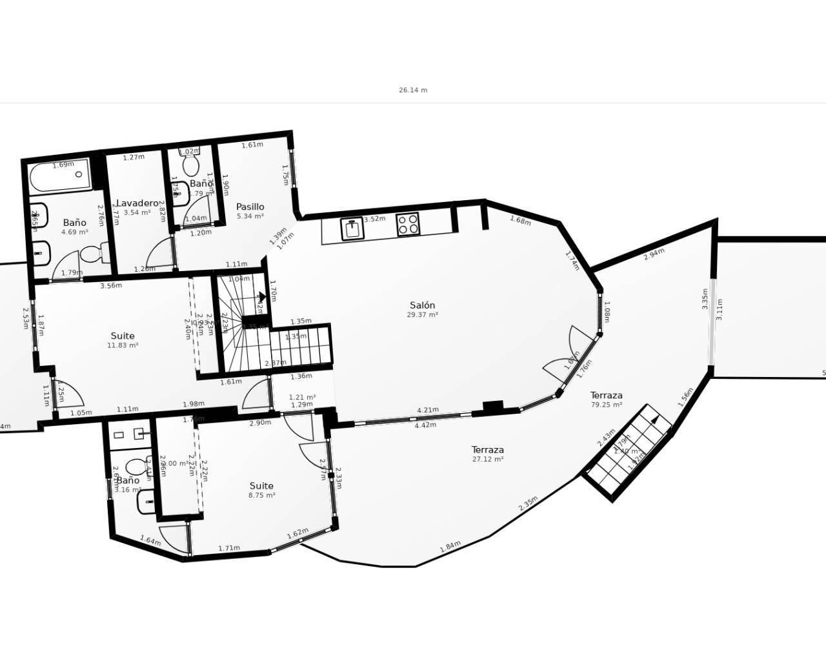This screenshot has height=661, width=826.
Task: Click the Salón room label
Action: coord(422,305)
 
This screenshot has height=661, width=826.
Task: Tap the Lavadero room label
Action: coord(137,203)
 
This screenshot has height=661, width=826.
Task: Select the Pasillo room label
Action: coord(250,207)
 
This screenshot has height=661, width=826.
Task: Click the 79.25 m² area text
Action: coord(606,405)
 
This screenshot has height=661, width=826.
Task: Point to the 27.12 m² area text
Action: coord(487,460)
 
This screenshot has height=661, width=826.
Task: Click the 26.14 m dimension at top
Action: coord(413,90)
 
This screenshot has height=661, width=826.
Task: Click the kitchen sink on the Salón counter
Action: coord(352,229)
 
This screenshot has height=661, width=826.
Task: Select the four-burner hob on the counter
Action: coord(408,224)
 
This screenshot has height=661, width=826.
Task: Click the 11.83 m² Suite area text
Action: coord(123,345)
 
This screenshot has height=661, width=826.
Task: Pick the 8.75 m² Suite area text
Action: coord(261,496)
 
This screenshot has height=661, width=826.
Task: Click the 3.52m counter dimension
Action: coord(374,219)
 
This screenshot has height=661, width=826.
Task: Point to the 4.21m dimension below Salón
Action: coord(428,410)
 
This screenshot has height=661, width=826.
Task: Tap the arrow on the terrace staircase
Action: coord(654,420)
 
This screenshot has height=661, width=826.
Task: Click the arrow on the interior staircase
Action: coord(261,298)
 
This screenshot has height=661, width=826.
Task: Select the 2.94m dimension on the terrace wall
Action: coord(654,254)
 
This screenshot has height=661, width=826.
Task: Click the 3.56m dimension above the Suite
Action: coord(111,285)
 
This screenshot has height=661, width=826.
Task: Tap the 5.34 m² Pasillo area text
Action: coord(250,216)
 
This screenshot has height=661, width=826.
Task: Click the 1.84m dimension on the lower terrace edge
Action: coord(450,546)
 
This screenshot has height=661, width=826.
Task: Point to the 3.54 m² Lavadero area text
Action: coord(137,212)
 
